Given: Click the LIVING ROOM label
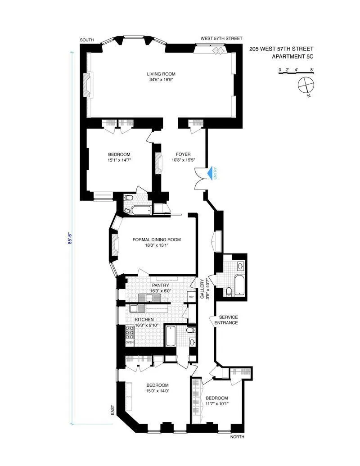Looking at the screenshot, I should (x=161, y=74).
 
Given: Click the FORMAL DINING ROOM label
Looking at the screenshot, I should (x=157, y=240).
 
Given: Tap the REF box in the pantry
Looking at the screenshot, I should (x=191, y=297).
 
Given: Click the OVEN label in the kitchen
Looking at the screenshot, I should (x=130, y=342).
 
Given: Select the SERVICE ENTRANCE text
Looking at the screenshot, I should (x=226, y=320).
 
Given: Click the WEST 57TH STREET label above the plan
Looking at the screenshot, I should (x=221, y=39).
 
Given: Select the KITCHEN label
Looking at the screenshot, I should (x=144, y=319).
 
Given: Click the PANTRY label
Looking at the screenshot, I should (x=160, y=285).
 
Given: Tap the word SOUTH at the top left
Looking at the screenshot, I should (x=87, y=40).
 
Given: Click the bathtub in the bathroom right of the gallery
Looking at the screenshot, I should (x=237, y=285).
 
